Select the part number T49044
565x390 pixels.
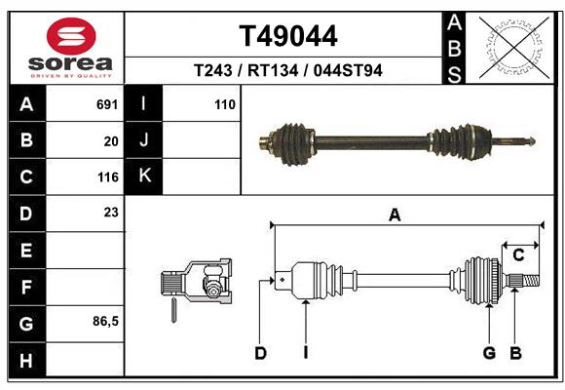tap(288, 36)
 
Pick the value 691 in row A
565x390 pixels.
tap(107, 104)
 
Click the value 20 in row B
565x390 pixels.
tap(110, 140)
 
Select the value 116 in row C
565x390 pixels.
tap(107, 177)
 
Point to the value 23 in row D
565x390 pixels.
tap(110, 213)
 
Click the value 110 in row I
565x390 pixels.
tap(225, 104)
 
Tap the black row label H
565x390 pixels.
tap(26, 360)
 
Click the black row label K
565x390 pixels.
tap(144, 176)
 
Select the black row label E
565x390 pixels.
tap(26, 251)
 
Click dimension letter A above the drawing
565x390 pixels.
tap(395, 215)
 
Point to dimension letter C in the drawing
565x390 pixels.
tap(518, 255)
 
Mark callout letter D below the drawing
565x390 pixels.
tap(260, 353)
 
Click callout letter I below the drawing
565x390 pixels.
tap(304, 353)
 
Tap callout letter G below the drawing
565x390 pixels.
tap(489, 353)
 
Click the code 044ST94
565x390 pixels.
tap(347, 71)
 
